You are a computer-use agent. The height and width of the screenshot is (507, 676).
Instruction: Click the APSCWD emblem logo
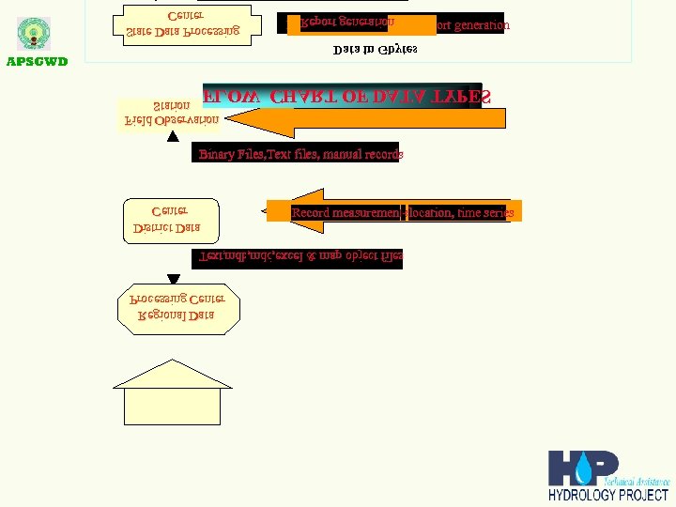[34, 34]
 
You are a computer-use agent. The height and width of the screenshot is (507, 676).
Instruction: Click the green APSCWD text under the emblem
[38, 63]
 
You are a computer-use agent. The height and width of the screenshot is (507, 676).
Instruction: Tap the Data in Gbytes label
[376, 49]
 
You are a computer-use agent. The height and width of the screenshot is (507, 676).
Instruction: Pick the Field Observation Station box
[172, 114]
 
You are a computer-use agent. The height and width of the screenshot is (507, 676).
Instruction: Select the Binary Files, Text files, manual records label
[300, 154]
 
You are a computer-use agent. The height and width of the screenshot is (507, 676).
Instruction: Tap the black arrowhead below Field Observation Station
[173, 137]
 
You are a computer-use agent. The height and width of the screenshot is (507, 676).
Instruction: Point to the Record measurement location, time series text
[403, 213]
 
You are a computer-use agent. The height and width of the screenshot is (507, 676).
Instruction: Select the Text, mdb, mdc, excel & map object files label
[300, 256]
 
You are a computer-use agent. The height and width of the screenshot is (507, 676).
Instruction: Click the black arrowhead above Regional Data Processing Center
[173, 278]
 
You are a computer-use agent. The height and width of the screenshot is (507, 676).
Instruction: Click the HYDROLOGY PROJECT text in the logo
[608, 495]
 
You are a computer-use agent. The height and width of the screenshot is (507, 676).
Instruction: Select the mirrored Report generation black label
[346, 22]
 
